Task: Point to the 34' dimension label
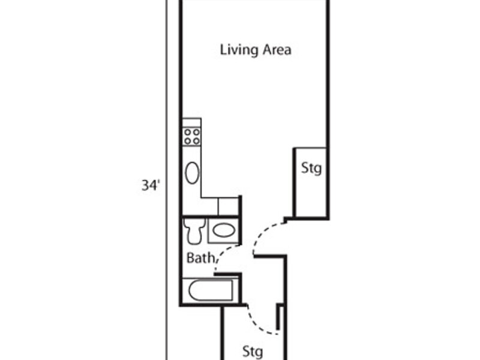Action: click(151, 185)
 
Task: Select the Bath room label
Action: click(200, 258)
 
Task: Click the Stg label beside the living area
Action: click(311, 169)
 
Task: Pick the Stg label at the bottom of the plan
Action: click(253, 352)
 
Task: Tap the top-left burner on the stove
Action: click(187, 133)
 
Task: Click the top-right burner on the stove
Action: click(196, 133)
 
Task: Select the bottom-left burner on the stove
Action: click(187, 141)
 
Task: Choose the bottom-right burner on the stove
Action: click(196, 141)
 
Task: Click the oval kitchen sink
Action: click(192, 173)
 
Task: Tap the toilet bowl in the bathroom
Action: click(194, 235)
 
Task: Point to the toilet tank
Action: click(194, 223)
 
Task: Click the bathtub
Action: click(211, 290)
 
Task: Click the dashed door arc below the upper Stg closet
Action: click(263, 232)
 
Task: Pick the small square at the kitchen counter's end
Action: click(228, 206)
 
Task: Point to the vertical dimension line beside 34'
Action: click(167, 180)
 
